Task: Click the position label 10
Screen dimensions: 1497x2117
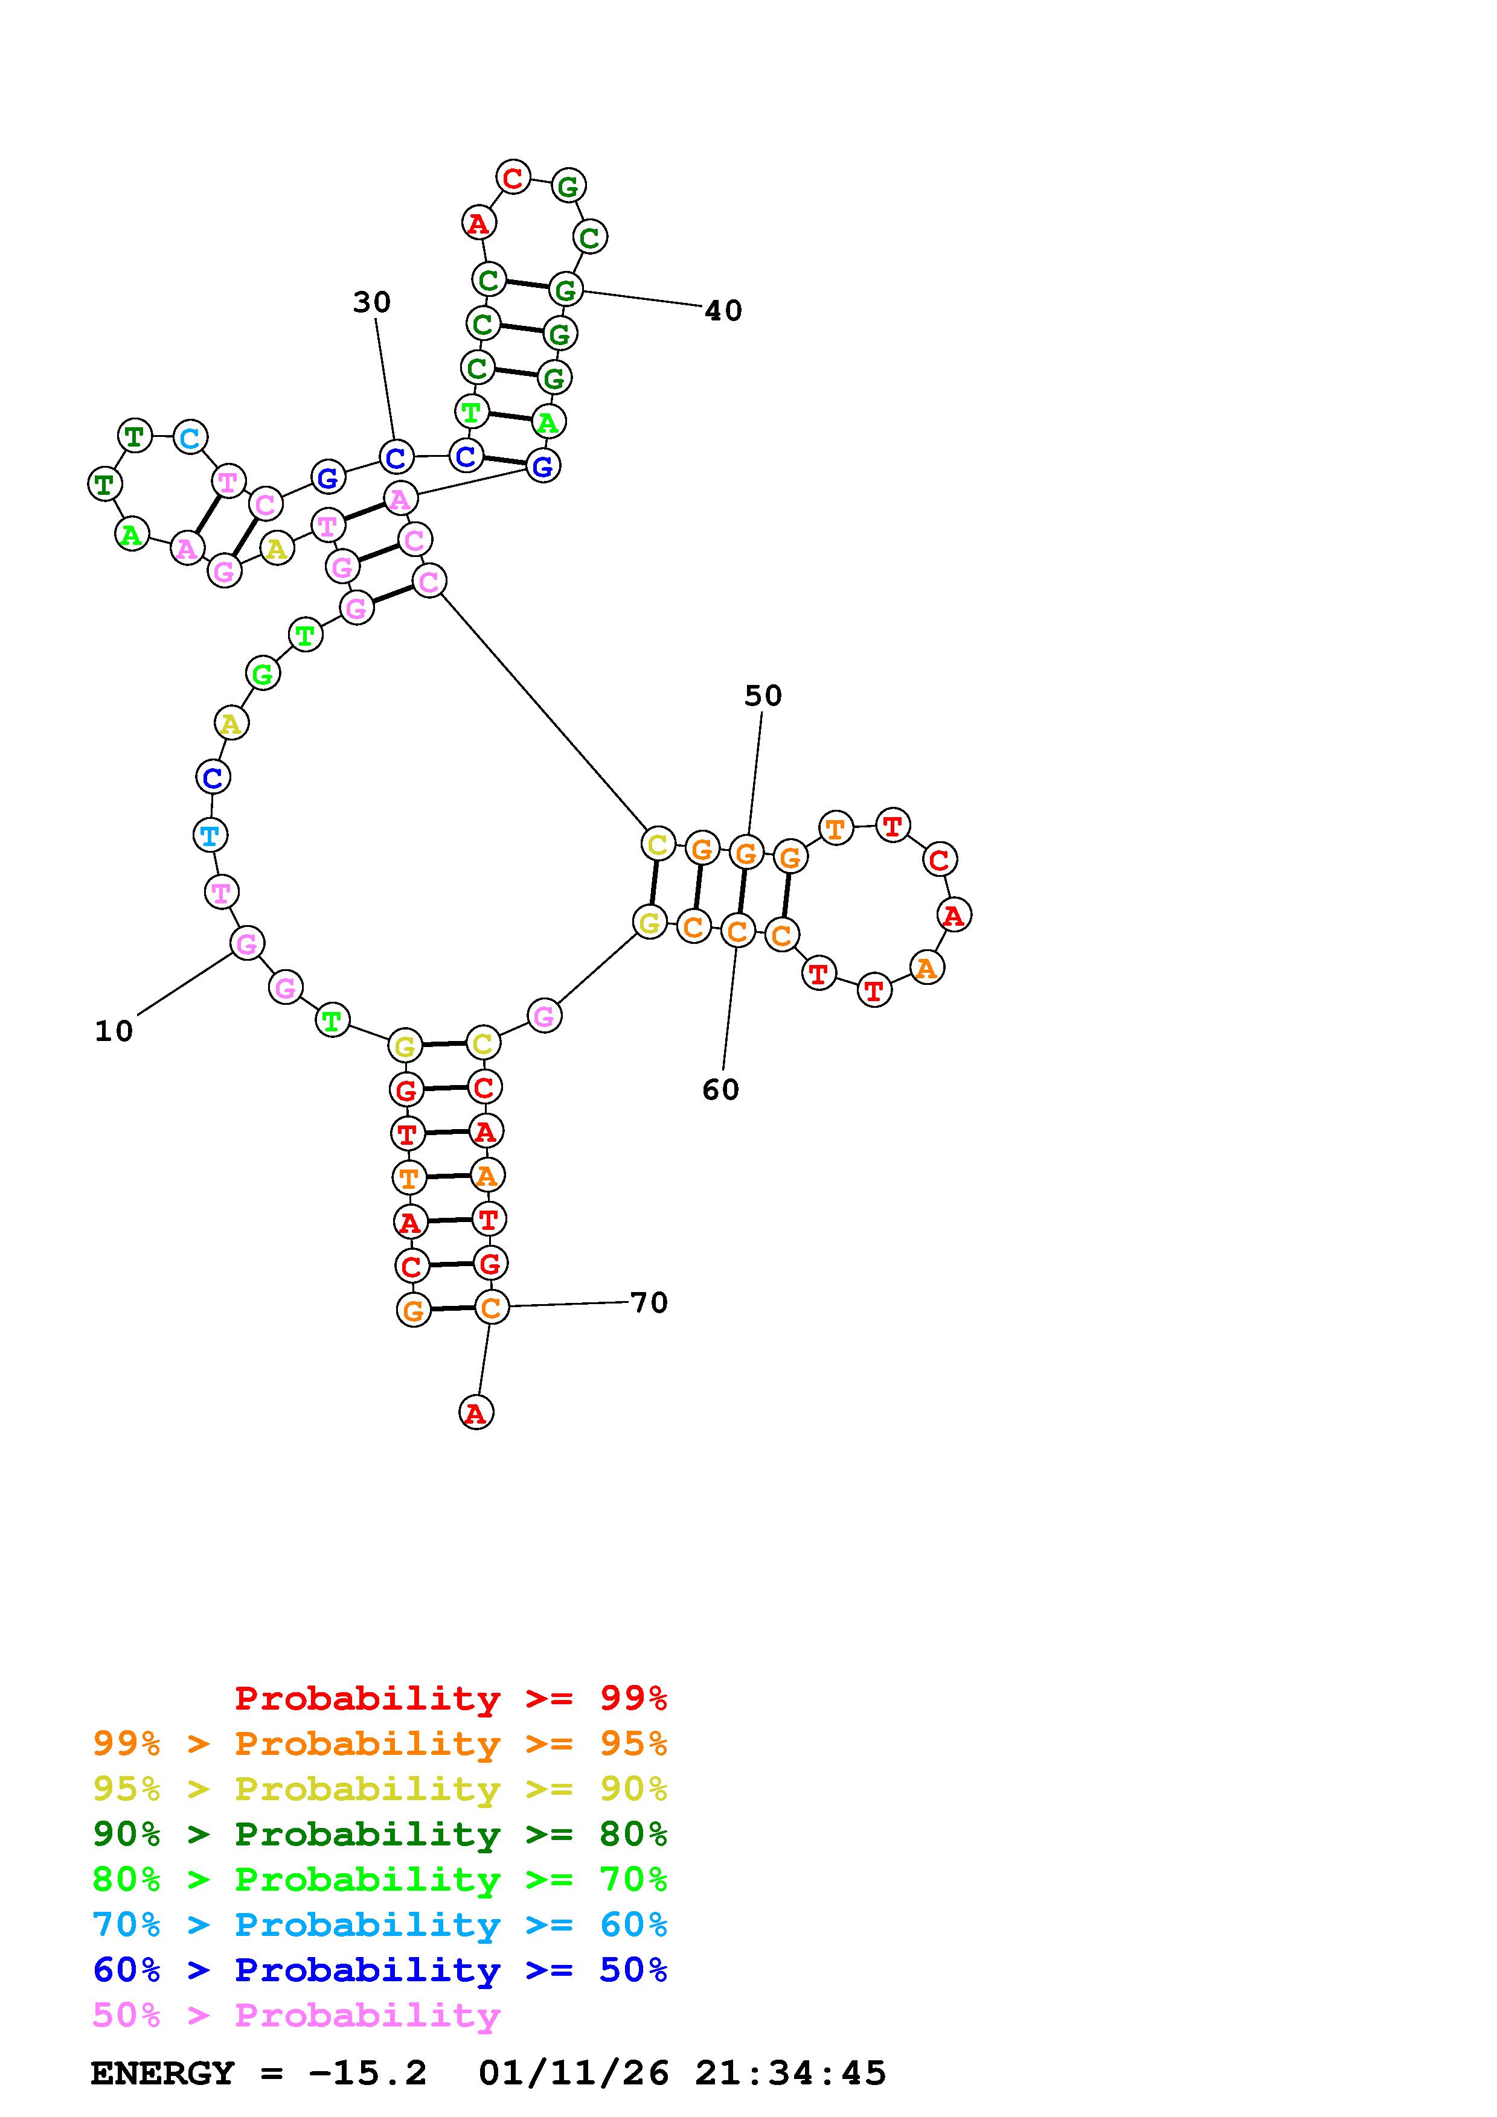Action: click(x=114, y=1031)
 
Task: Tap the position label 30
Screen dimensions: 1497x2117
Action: click(x=372, y=302)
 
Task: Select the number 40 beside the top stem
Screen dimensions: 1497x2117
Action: click(x=723, y=311)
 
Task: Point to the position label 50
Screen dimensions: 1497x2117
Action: click(x=763, y=696)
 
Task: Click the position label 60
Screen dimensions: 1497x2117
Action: click(x=720, y=1090)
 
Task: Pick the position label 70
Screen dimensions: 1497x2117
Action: click(x=649, y=1303)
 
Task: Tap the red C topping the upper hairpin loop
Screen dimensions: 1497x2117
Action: click(x=513, y=176)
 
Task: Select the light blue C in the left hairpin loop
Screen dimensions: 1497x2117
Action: click(x=190, y=437)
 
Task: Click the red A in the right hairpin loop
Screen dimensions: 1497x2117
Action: click(x=954, y=915)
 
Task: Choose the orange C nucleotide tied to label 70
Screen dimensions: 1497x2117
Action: click(x=491, y=1307)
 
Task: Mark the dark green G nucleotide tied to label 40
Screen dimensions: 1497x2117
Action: click(x=565, y=290)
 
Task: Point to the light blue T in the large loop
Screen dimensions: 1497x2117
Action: click(x=210, y=835)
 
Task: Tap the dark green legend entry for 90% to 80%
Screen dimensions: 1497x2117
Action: click(x=380, y=1834)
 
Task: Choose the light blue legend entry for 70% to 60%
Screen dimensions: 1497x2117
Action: click(x=380, y=1924)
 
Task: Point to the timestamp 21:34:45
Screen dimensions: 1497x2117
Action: click(x=790, y=2074)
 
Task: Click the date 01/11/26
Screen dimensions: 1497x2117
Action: click(x=574, y=2074)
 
